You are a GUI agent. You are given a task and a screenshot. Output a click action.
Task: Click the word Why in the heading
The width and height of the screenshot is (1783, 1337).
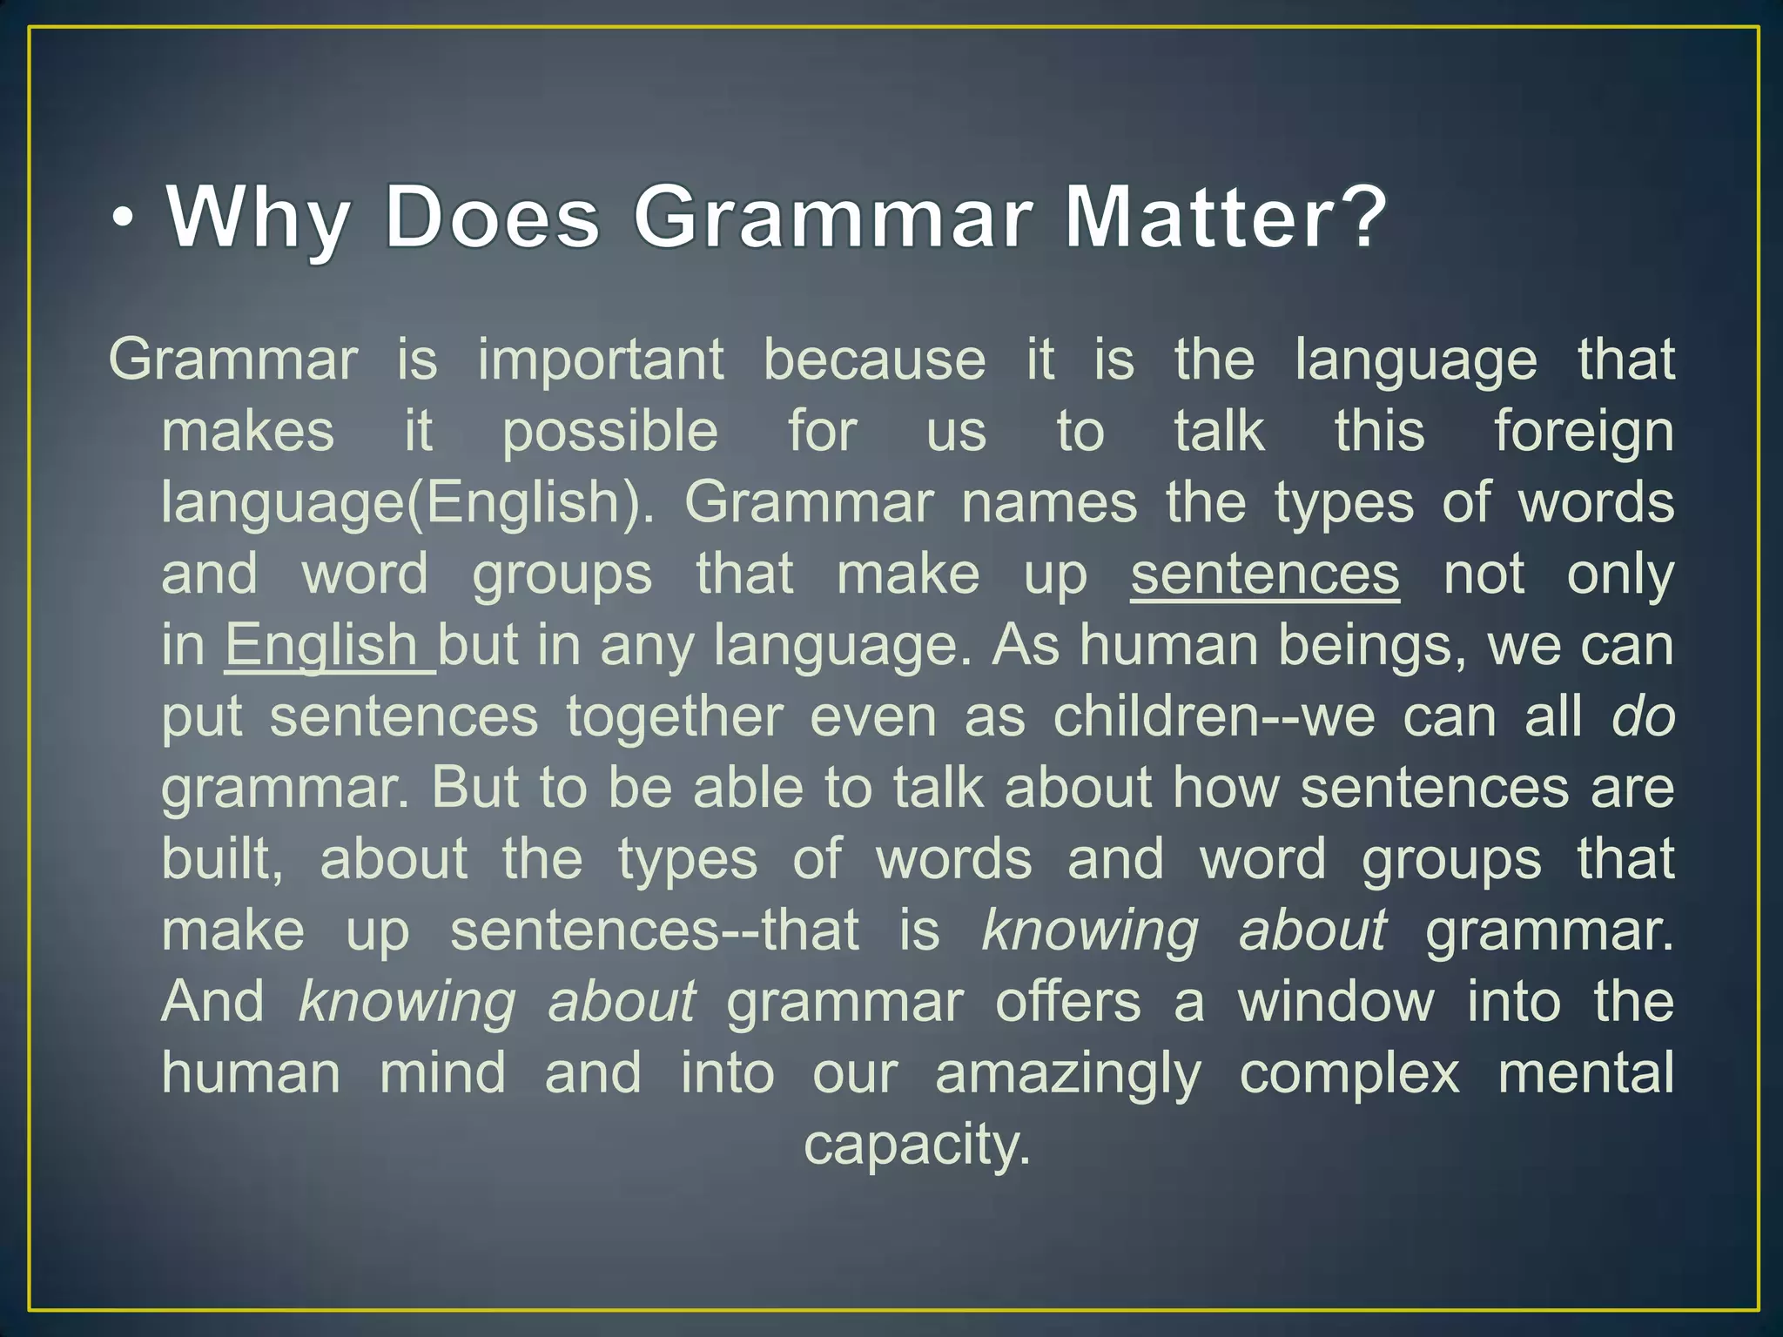[259, 218]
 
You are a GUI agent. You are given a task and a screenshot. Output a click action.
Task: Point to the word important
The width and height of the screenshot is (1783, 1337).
[601, 359]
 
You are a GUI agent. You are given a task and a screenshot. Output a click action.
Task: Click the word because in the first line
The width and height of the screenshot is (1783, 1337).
[874, 359]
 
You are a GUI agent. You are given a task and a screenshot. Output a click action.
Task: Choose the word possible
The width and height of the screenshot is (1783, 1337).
[610, 432]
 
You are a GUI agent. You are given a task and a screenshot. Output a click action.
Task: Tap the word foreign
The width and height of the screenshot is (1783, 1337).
[1584, 433]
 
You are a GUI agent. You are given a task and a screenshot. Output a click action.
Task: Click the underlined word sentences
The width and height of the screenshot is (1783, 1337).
[1265, 574]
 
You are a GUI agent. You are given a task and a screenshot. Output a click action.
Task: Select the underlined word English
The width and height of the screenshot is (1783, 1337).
[322, 646]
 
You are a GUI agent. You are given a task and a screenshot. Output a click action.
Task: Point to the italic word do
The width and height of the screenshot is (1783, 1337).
[1643, 716]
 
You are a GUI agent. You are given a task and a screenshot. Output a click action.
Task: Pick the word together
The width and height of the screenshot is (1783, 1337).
[675, 716]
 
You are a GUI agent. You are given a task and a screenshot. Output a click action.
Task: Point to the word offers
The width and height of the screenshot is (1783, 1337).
[1067, 1001]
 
